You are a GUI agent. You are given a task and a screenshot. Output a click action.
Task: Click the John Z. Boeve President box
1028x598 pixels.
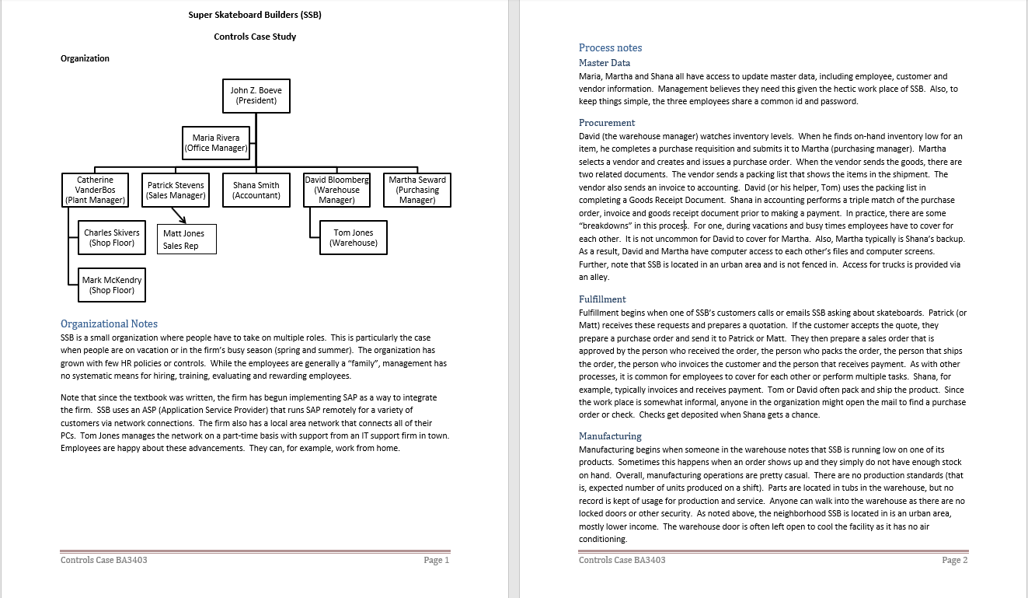click(x=256, y=96)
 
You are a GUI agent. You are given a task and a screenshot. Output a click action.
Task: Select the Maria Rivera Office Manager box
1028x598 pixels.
click(x=216, y=143)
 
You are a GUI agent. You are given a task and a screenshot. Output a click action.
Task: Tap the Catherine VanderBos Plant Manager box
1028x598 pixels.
click(x=95, y=190)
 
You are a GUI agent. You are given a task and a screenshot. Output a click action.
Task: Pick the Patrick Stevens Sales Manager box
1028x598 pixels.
click(x=176, y=190)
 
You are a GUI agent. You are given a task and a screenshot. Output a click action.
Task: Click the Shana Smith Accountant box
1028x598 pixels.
click(x=256, y=190)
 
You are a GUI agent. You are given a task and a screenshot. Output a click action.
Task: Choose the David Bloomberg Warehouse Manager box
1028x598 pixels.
click(x=336, y=190)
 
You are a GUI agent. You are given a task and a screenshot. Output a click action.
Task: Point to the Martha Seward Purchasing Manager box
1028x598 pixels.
click(x=417, y=190)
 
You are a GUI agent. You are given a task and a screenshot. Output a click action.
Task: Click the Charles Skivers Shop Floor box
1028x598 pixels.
click(x=112, y=238)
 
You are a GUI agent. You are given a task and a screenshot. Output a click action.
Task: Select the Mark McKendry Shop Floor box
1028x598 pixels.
click(x=112, y=285)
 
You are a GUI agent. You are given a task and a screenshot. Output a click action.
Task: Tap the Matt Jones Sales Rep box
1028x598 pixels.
click(x=186, y=239)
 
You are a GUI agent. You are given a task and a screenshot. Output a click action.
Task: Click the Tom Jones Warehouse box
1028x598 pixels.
click(x=354, y=238)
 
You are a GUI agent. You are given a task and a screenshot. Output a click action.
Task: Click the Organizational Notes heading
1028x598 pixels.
click(x=109, y=323)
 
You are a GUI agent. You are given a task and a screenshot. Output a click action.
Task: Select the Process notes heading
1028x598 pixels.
click(x=610, y=47)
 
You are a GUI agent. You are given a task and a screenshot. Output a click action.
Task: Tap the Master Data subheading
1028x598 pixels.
click(x=605, y=63)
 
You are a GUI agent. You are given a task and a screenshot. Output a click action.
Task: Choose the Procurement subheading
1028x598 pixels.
click(x=607, y=123)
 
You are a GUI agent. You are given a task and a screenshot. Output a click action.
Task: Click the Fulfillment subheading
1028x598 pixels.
click(x=602, y=299)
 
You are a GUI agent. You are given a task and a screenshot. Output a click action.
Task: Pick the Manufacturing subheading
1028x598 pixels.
click(x=610, y=436)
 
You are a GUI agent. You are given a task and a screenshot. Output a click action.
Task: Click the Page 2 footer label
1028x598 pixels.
click(x=954, y=560)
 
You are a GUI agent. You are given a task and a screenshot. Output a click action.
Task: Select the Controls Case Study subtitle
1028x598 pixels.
click(x=255, y=37)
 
